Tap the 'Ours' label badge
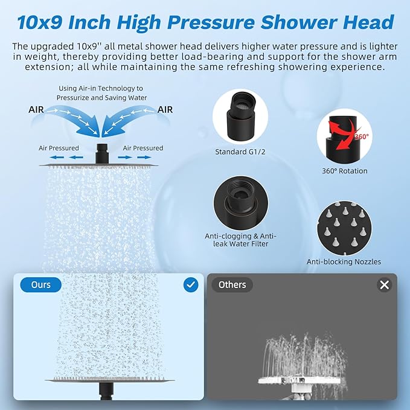(x=41, y=284)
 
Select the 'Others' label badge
(x=232, y=284)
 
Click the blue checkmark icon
(x=191, y=284)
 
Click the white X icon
(x=385, y=285)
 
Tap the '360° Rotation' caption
(x=344, y=171)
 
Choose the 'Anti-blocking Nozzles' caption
(x=344, y=262)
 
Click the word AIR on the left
(x=36, y=110)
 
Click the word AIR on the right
(x=165, y=110)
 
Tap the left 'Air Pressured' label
(x=59, y=148)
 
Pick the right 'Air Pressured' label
(x=143, y=148)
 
